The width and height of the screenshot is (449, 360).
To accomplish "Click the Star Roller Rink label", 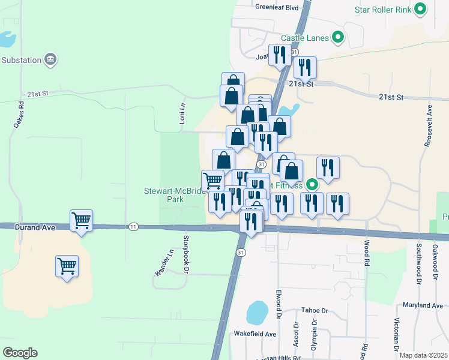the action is [x=382, y=9].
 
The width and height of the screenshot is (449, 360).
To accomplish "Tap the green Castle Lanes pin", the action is [x=338, y=38].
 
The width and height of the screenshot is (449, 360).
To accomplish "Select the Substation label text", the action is [x=21, y=60].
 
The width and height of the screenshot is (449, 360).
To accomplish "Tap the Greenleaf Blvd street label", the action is [x=277, y=8].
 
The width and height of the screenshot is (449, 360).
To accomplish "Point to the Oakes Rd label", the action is [x=21, y=112].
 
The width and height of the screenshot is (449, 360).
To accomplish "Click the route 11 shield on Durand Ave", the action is [x=133, y=226].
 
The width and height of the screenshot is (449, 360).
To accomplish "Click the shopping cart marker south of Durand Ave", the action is [x=67, y=265].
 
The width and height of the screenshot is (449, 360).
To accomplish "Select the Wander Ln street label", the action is [x=160, y=263].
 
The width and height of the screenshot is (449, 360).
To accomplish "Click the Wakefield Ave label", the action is [x=255, y=334].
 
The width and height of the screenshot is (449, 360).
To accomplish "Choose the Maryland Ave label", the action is [x=423, y=305].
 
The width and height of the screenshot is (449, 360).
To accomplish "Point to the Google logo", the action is [x=20, y=353].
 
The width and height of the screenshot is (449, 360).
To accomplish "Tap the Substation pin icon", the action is [x=51, y=59].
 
